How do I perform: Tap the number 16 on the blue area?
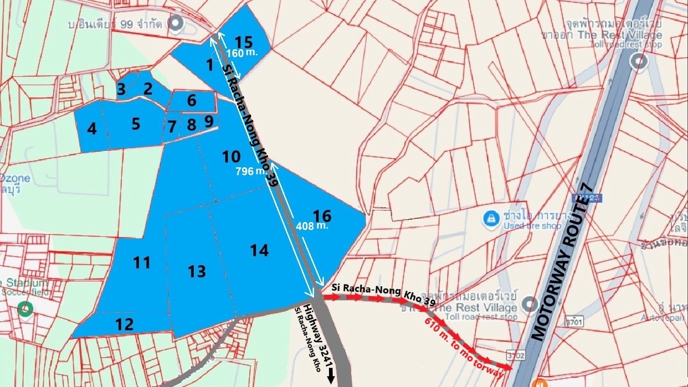point(322,216)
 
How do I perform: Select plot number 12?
point(124,324)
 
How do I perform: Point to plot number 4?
point(92,128)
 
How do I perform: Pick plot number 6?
point(191,100)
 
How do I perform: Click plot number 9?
point(209,121)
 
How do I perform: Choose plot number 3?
point(121,89)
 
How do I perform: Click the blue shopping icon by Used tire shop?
point(490,218)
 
